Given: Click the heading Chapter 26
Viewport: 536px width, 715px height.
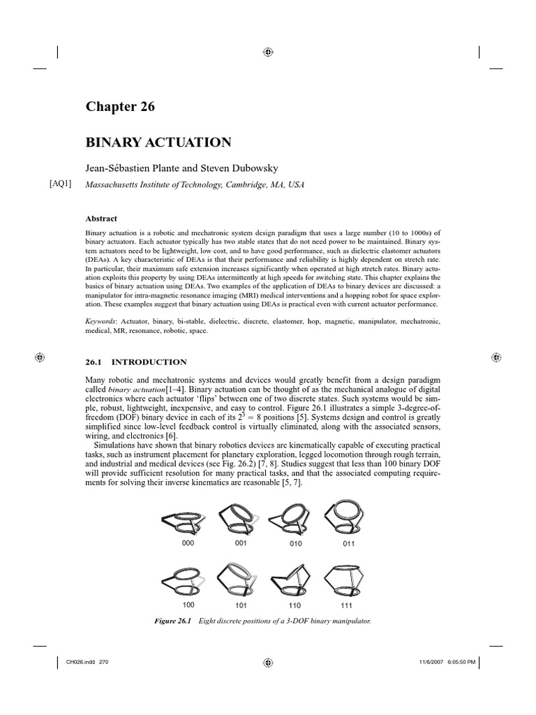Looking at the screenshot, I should (120, 107).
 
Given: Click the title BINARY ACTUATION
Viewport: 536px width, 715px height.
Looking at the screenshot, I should (158, 142).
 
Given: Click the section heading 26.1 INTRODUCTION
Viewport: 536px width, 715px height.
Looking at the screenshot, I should (135, 362).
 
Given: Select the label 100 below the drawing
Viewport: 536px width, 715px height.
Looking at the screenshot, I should (188, 604).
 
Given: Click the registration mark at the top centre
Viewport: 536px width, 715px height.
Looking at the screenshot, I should (268, 52).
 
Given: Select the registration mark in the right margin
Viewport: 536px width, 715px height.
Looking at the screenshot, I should (495, 357).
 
